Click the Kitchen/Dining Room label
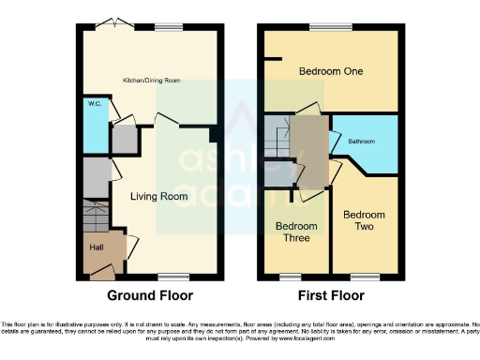tap(150, 81)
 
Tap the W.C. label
tap(95, 105)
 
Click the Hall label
tap(97, 247)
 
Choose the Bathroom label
tap(362, 142)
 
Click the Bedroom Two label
tap(363, 220)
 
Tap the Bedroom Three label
tap(295, 232)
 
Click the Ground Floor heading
tap(150, 295)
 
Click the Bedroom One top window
tap(324, 27)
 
